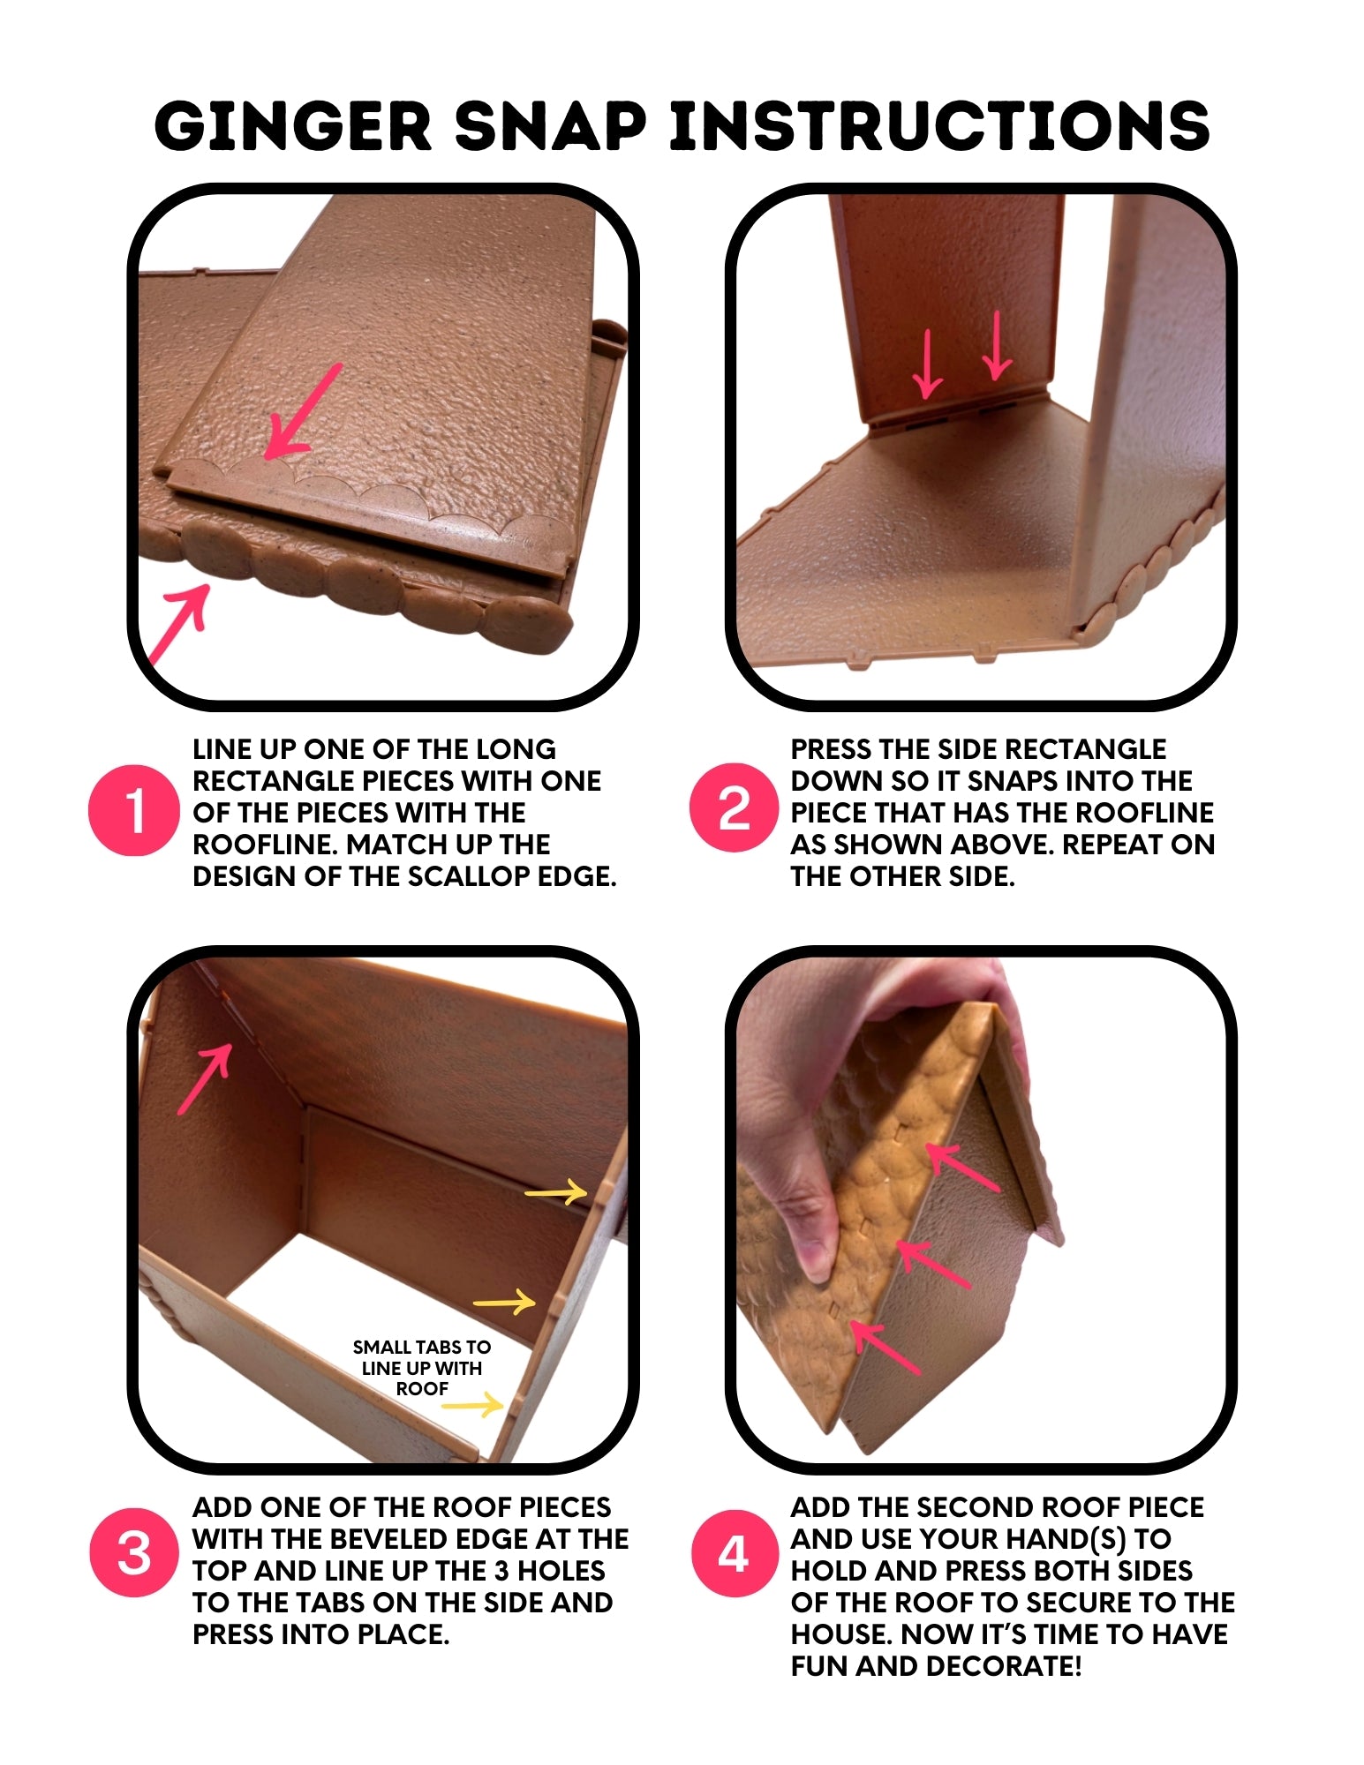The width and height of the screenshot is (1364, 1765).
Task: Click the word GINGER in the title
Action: (294, 125)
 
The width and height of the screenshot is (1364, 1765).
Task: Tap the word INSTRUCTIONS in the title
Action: (939, 125)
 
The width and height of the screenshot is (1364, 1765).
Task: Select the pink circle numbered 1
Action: (133, 810)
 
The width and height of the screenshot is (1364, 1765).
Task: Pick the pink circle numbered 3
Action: (134, 1553)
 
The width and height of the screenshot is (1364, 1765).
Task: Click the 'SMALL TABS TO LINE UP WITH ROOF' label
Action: (422, 1368)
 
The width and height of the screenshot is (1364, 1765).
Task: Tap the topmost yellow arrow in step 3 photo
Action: (556, 1193)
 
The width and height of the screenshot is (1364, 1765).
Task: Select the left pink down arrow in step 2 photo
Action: (927, 364)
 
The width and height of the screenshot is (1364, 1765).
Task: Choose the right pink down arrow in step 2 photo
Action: (997, 345)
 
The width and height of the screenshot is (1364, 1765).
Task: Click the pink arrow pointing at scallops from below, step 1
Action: (179, 623)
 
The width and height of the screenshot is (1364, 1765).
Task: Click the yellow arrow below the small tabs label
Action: (473, 1405)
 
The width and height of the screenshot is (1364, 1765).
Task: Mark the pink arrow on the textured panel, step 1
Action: (302, 411)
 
